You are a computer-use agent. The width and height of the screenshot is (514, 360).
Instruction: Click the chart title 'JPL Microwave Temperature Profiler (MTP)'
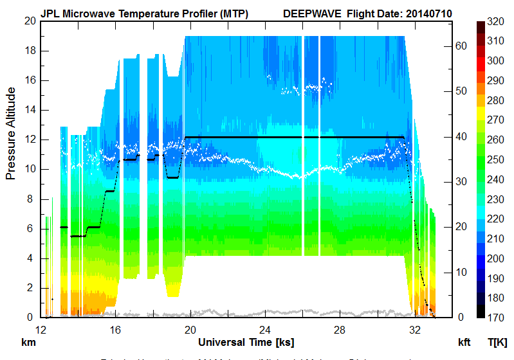(x=144, y=13)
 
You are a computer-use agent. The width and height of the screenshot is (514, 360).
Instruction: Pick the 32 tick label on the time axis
(x=415, y=330)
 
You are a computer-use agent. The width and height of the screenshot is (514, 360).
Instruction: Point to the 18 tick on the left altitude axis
(x=28, y=51)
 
